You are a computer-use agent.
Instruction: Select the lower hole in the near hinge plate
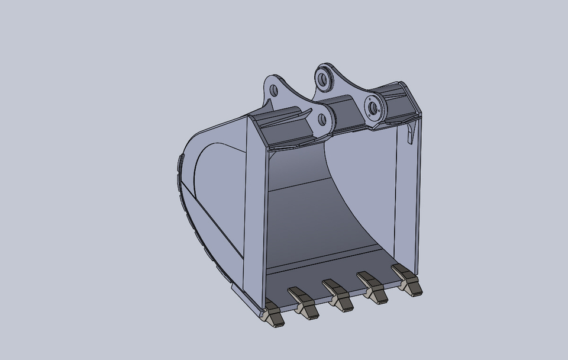(322, 120)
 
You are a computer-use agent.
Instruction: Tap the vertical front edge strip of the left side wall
(254, 207)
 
